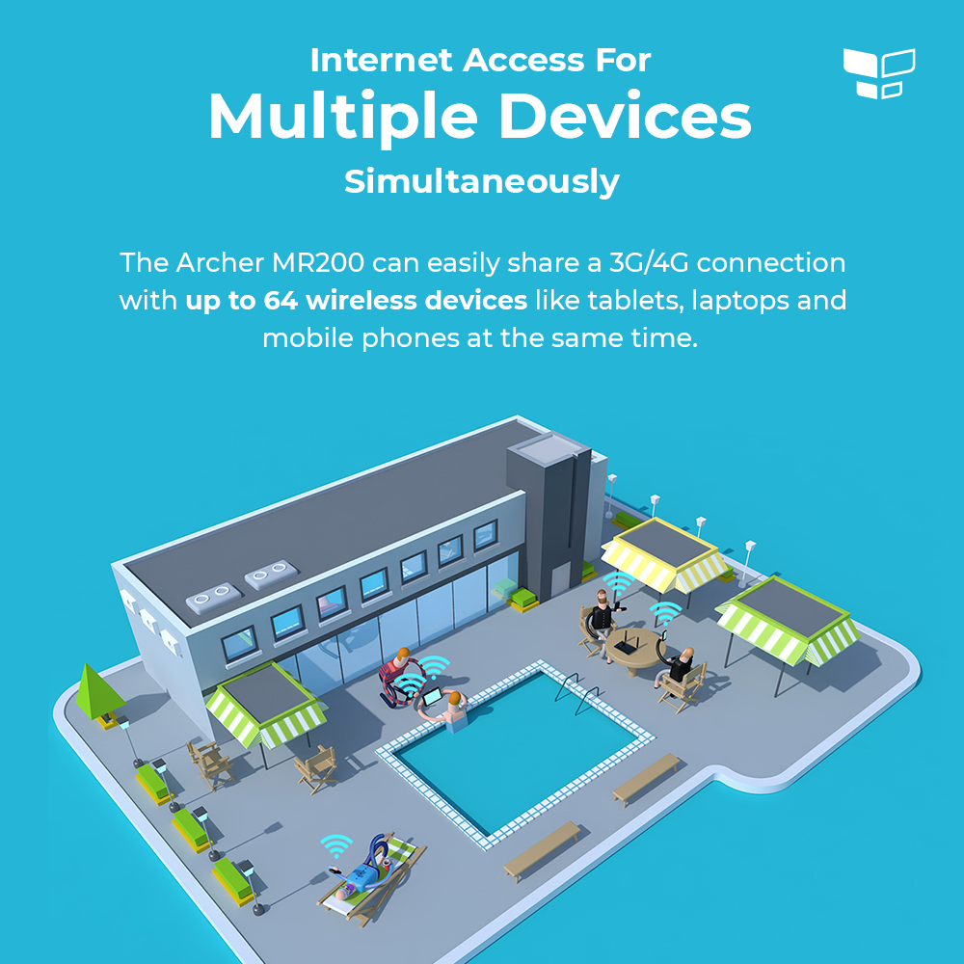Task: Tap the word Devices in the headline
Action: (x=626, y=116)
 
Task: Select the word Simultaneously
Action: (x=482, y=182)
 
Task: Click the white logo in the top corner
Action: (x=879, y=73)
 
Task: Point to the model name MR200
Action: (x=318, y=263)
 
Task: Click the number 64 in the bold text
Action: (x=281, y=301)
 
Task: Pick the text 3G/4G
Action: (x=649, y=263)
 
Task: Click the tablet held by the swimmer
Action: (x=432, y=697)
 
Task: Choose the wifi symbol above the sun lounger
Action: (x=336, y=844)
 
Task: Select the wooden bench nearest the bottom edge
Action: (x=542, y=851)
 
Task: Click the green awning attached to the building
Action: (x=266, y=705)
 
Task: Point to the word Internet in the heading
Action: (x=381, y=60)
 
